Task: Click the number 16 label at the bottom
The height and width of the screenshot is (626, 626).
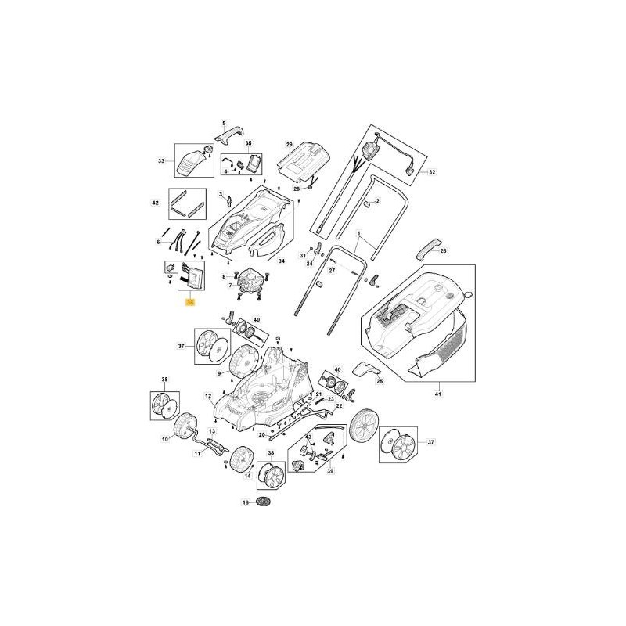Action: point(245,502)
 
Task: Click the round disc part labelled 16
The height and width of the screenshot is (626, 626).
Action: point(265,502)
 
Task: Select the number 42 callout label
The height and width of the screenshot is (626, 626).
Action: point(155,203)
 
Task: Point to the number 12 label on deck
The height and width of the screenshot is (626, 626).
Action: point(209,397)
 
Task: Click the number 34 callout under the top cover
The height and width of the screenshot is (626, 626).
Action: point(282,261)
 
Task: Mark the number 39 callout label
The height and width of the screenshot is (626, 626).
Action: point(329,473)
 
